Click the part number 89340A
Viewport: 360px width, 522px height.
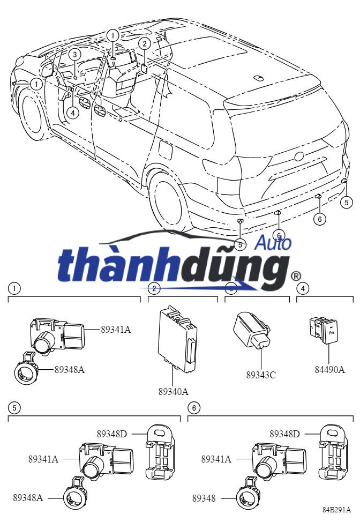click(173, 392)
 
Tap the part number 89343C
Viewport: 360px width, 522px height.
click(261, 375)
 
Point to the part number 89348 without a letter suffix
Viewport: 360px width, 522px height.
click(204, 498)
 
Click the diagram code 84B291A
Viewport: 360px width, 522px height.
click(337, 510)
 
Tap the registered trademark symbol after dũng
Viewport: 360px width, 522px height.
click(295, 276)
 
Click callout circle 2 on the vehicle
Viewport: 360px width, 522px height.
click(144, 44)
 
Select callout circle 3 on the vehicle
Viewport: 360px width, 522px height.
click(75, 54)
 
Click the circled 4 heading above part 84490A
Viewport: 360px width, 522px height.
click(303, 288)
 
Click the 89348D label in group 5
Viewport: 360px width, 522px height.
click(111, 433)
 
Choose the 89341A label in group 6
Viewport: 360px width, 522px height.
click(216, 459)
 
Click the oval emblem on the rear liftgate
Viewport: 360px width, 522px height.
click(299, 157)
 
